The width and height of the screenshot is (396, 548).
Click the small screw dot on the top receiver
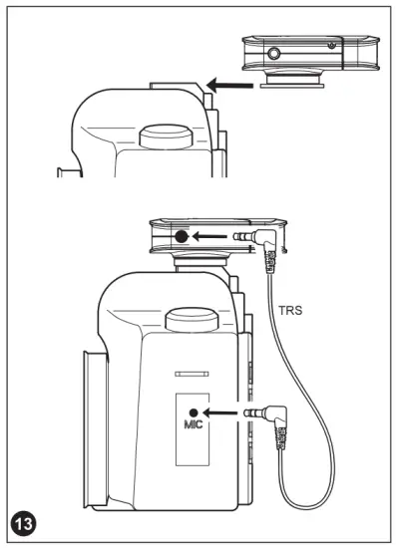pos(330,47)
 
